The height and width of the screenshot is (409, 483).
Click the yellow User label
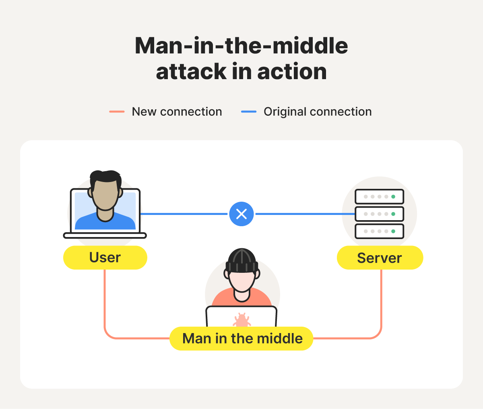(x=105, y=258)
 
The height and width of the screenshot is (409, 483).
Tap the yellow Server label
(x=380, y=258)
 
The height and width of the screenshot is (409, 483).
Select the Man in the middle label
(x=242, y=338)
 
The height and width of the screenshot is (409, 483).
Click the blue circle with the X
(x=242, y=214)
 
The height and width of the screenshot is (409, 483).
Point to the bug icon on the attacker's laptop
(x=242, y=320)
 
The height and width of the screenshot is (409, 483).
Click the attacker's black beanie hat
(x=242, y=259)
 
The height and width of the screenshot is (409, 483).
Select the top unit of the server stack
(x=379, y=197)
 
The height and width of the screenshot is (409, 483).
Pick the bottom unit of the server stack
(x=379, y=231)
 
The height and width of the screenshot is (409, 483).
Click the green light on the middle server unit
(x=393, y=214)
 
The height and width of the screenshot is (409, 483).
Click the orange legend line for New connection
(x=117, y=112)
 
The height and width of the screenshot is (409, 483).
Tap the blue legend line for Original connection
(x=248, y=112)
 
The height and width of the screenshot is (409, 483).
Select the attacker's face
(x=242, y=281)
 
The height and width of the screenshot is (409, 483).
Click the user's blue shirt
(x=105, y=223)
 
